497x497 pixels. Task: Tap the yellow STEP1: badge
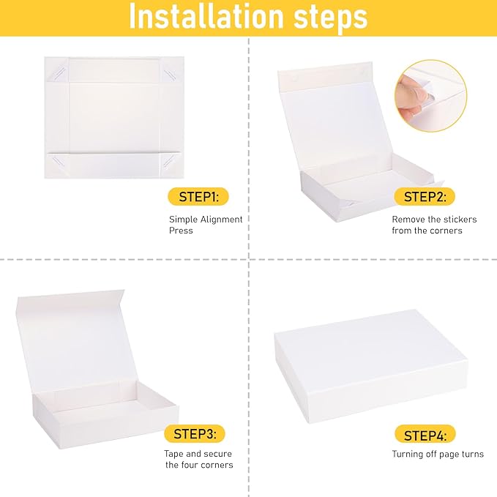coord(194,196)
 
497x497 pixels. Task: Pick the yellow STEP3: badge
coord(194,433)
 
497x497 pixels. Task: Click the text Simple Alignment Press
coord(206,225)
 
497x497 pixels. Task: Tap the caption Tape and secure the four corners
coord(198,459)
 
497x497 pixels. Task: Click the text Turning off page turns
coord(437,454)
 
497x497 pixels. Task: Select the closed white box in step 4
coord(370,363)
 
